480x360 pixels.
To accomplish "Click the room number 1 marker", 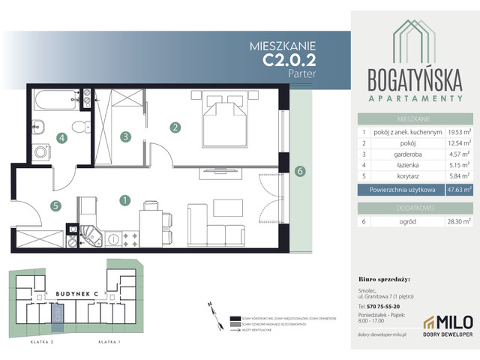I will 125,200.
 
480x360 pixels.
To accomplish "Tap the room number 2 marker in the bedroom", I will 175,127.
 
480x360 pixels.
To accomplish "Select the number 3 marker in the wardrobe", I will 127,136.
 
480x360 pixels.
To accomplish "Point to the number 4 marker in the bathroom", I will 62,137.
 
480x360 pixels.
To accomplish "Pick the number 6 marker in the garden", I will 299,171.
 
